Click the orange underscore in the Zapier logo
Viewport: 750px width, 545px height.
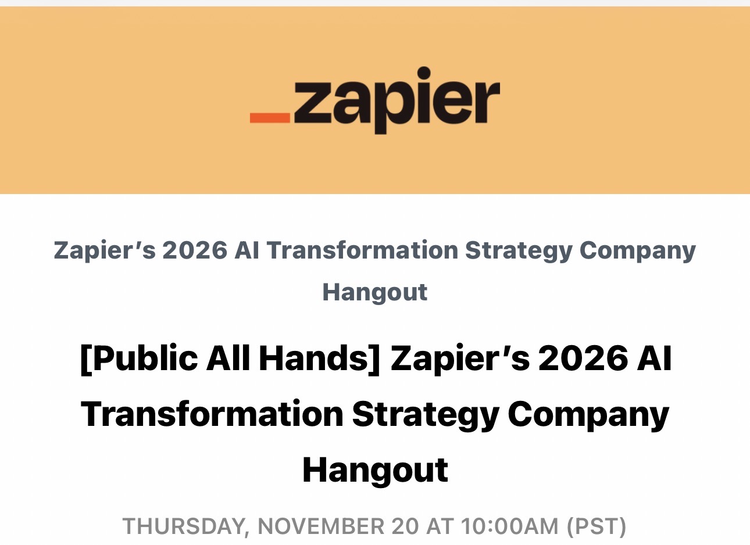pyautogui.click(x=270, y=118)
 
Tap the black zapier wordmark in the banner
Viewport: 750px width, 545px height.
pyautogui.click(x=397, y=101)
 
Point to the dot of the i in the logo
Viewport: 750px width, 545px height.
pyautogui.click(x=424, y=73)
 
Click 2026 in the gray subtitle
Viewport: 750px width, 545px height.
pyautogui.click(x=195, y=250)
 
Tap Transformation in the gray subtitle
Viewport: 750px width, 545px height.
pyautogui.click(x=362, y=250)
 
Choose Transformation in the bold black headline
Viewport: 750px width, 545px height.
pyautogui.click(x=212, y=414)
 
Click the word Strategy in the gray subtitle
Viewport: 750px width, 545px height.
pyautogui.click(x=519, y=251)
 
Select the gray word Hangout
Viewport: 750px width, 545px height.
pyautogui.click(x=375, y=293)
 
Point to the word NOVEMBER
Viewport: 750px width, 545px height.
pyautogui.click(x=321, y=526)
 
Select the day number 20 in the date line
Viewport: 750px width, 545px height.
pyautogui.click(x=405, y=526)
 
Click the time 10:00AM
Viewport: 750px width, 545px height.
pyautogui.click(x=510, y=526)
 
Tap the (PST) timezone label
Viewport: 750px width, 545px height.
pyautogui.click(x=597, y=527)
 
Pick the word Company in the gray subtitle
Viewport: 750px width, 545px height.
pyautogui.click(x=637, y=251)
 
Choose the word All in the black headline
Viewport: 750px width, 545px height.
pyautogui.click(x=228, y=358)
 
